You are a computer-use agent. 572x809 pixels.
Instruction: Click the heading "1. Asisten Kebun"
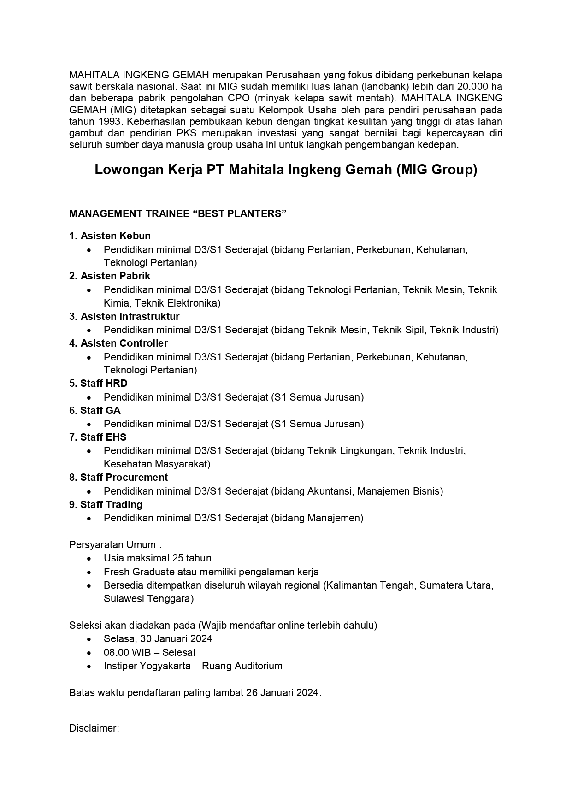[110, 236]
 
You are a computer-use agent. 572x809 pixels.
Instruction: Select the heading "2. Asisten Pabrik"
[110, 276]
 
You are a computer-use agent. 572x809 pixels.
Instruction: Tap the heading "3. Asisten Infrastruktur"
[124, 317]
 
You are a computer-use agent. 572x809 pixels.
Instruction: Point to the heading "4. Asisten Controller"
[118, 343]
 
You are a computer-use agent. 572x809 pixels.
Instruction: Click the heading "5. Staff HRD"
[98, 384]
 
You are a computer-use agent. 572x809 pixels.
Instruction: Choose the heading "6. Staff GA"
[94, 411]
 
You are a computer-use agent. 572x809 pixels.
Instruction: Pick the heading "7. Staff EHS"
[98, 437]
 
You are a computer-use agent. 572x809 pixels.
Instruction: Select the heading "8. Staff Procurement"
[118, 478]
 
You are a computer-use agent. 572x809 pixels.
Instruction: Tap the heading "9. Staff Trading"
[106, 505]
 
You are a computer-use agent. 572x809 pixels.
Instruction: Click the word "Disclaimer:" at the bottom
[94, 728]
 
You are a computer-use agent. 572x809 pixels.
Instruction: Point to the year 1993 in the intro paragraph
[110, 122]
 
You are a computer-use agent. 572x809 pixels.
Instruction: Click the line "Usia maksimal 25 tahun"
[157, 558]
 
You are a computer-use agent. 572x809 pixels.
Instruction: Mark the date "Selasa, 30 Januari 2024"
[158, 639]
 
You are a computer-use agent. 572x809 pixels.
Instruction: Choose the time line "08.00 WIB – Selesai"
[149, 653]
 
